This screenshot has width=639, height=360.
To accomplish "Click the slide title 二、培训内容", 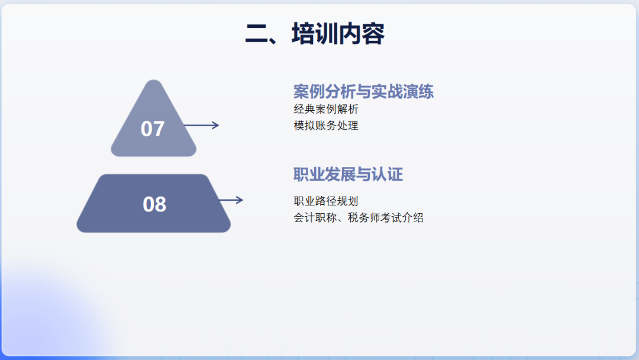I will coord(315,34).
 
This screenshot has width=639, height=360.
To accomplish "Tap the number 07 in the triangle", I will coord(153,128).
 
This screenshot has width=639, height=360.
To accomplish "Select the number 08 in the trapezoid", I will coord(154,204).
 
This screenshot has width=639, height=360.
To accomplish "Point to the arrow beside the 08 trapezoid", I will coord(231,200).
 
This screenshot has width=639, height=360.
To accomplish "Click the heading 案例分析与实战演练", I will coord(363,92).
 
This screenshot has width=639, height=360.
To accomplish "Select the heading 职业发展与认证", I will coord(348,175).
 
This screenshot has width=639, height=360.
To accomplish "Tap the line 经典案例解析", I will coord(325,109).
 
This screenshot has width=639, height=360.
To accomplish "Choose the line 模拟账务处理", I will coord(325,126).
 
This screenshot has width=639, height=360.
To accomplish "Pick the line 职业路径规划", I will coord(325,201).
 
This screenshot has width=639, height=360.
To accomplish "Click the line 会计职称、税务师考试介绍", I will coord(358,217).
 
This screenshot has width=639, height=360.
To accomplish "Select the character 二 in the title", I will coord(257,34).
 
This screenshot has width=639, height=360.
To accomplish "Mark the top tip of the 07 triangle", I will coord(153,81).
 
